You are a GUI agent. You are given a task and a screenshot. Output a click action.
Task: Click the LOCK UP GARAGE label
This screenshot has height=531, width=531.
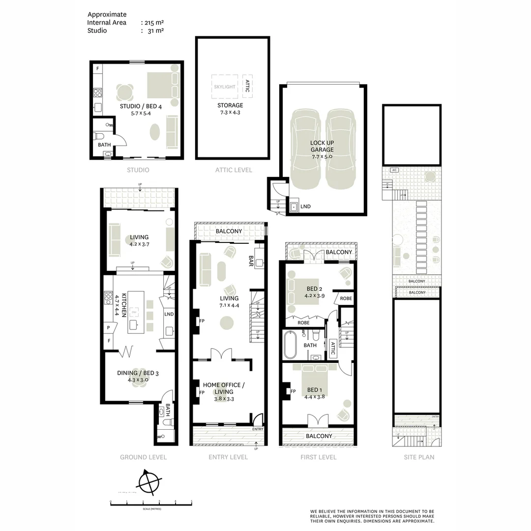click(x=322, y=146)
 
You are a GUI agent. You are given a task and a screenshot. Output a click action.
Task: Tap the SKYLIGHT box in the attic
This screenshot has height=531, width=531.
click(x=225, y=87)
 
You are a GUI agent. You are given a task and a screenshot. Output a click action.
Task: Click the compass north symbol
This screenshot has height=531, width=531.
click(x=149, y=481)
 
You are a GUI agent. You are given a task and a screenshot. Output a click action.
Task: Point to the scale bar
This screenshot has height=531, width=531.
click(x=150, y=502)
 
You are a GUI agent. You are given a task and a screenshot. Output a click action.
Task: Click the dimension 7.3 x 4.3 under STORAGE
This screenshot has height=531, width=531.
click(x=230, y=113)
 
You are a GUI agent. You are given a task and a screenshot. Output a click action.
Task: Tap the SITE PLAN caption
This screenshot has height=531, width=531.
click(x=418, y=457)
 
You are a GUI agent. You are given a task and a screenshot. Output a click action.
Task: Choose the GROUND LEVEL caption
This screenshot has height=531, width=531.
click(x=143, y=457)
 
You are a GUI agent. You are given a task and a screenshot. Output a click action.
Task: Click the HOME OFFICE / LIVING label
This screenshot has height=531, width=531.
click(x=224, y=388)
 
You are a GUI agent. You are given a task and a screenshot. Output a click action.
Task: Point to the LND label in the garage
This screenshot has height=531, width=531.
click(x=305, y=206)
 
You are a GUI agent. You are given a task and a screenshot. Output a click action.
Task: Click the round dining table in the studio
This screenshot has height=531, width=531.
click(x=125, y=91)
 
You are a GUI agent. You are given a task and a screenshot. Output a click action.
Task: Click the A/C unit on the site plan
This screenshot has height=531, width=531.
click(x=394, y=170)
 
